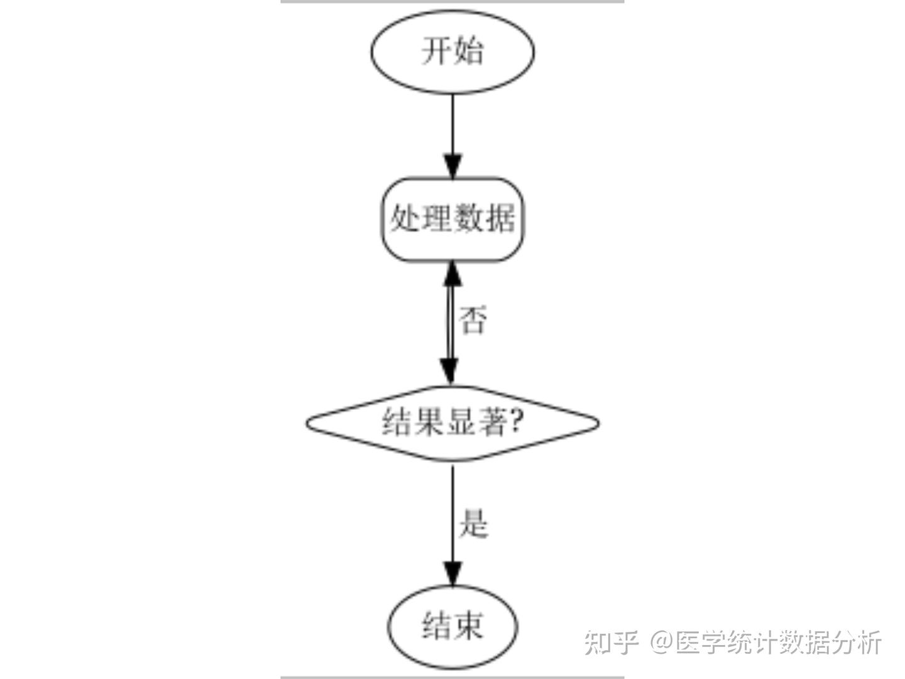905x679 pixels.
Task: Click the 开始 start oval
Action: click(452, 52)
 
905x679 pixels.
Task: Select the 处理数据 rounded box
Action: click(452, 219)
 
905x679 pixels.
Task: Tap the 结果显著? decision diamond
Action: click(452, 422)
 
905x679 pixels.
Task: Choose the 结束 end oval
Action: click(452, 626)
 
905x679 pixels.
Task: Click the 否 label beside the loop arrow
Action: click(473, 321)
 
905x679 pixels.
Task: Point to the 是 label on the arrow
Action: click(473, 524)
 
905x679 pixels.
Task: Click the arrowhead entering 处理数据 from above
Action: click(452, 166)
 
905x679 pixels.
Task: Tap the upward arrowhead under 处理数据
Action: click(452, 274)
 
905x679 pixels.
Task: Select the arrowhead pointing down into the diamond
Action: click(449, 371)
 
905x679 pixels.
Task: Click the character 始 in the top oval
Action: click(469, 52)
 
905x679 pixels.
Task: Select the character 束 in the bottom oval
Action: click(469, 626)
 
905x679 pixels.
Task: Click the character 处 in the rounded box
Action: click(406, 219)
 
